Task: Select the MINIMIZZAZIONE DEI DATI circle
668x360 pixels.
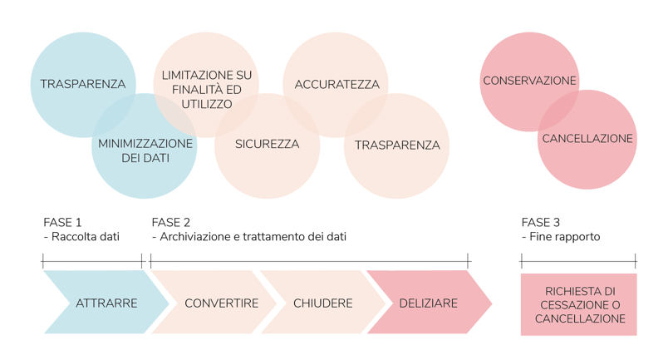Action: point(145,150)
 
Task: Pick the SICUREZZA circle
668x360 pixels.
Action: point(266,144)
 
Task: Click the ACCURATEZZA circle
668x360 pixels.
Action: point(336,85)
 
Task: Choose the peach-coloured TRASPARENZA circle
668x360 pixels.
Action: point(397,145)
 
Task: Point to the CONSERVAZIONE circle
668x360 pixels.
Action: point(529,81)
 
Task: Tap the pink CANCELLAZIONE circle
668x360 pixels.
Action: point(587,138)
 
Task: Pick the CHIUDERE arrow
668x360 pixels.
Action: point(323,303)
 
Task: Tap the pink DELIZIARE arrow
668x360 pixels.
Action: point(428,303)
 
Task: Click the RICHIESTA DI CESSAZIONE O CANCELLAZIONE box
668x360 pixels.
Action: point(578,304)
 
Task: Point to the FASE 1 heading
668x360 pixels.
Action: point(62,223)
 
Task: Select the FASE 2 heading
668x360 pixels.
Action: point(171,223)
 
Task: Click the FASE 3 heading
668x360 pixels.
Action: point(540,223)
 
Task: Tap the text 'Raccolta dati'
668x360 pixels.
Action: point(85,237)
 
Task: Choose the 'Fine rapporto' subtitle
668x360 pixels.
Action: point(564,237)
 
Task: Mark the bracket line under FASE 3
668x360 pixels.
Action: point(578,261)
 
